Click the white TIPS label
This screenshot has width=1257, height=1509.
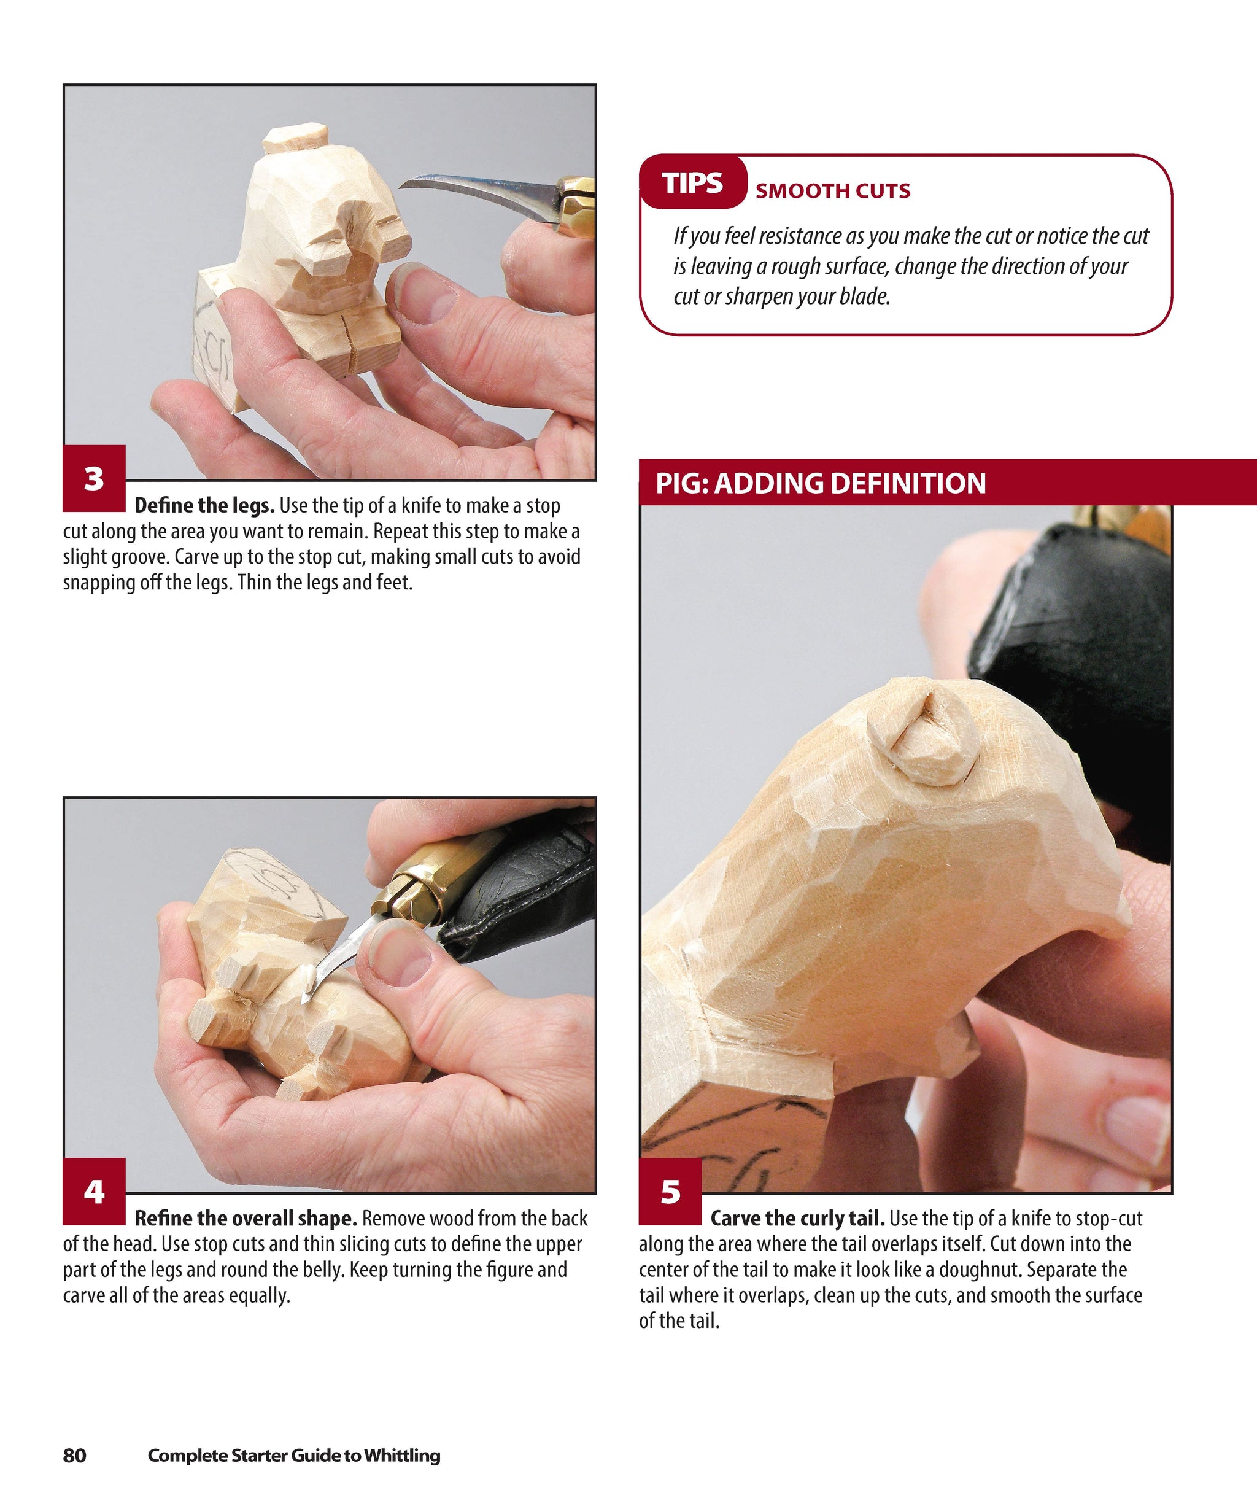[x=692, y=183]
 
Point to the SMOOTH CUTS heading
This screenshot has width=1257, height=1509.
[x=832, y=191]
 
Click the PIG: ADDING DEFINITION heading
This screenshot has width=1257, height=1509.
[x=820, y=484]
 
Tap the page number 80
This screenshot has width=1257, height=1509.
[x=75, y=1455]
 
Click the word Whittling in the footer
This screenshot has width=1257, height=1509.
[x=401, y=1455]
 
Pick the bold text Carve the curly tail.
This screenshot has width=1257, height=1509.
[x=797, y=1219]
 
